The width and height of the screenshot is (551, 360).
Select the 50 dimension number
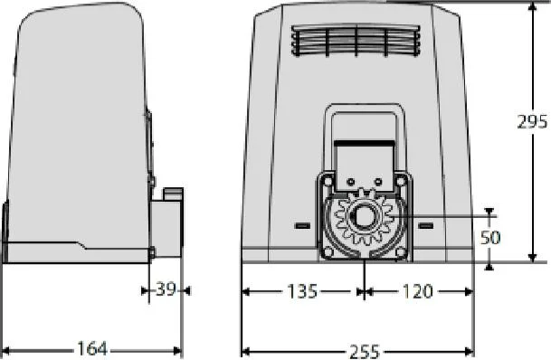coord(490,237)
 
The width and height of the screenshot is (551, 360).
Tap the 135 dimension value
coord(302,291)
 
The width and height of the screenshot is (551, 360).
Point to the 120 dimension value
coord(417,291)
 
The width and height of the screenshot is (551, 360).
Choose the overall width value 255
coord(358,349)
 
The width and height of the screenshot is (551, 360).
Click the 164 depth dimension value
coord(91,348)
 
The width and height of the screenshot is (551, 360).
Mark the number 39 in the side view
coord(166,289)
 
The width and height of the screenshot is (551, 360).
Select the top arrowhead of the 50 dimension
coord(489,214)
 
